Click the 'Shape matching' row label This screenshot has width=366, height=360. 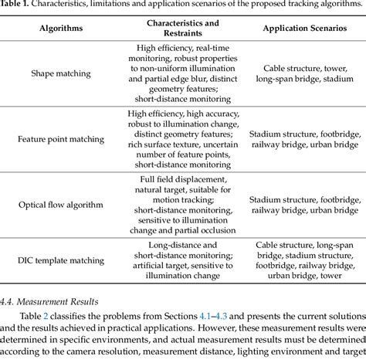[60, 73]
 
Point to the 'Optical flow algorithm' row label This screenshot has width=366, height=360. [60, 209]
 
